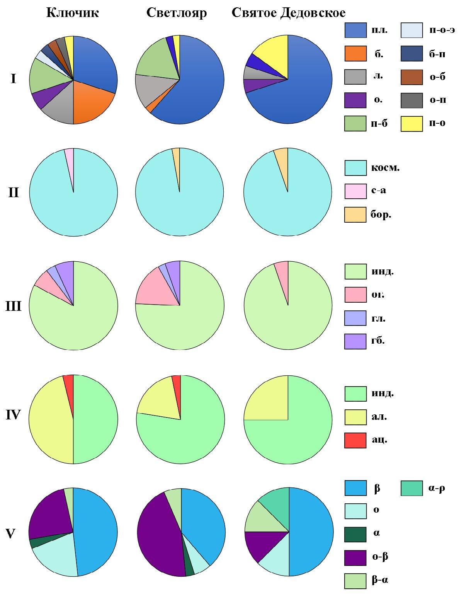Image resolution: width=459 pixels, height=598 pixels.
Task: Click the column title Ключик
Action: tap(72, 13)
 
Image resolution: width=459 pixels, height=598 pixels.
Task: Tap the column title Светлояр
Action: tap(177, 13)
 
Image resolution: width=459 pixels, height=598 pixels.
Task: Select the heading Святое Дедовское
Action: tap(288, 13)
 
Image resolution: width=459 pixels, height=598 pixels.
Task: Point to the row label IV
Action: tap(13, 415)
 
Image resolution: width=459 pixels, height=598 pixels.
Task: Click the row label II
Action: tap(13, 192)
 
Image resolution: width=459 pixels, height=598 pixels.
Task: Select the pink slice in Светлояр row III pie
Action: tap(153, 290)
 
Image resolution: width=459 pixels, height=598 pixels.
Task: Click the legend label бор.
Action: tap(381, 215)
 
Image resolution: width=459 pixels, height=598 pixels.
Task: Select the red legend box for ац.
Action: tap(355, 441)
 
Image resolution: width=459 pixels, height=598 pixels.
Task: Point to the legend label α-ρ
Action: tap(437, 488)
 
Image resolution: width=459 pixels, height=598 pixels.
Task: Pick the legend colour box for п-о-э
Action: tap(411, 30)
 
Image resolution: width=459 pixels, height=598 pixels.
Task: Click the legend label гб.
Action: tap(378, 341)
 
